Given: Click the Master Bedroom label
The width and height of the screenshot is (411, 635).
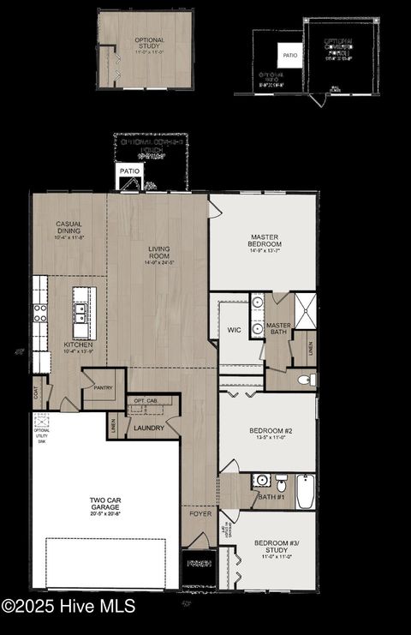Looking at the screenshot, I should [265, 241].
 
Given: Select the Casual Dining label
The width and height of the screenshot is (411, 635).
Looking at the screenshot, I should [69, 228].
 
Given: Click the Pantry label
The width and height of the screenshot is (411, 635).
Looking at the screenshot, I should [104, 387].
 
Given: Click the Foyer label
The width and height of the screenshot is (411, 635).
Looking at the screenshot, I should [200, 514].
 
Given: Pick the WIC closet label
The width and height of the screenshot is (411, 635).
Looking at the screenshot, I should [235, 330].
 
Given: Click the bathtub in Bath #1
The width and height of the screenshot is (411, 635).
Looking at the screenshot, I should [306, 492].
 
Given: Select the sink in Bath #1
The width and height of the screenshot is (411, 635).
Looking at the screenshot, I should [262, 482].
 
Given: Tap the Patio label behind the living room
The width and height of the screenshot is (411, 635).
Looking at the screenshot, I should [129, 171].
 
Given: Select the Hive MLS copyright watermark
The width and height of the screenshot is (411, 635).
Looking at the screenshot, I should [68, 606].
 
